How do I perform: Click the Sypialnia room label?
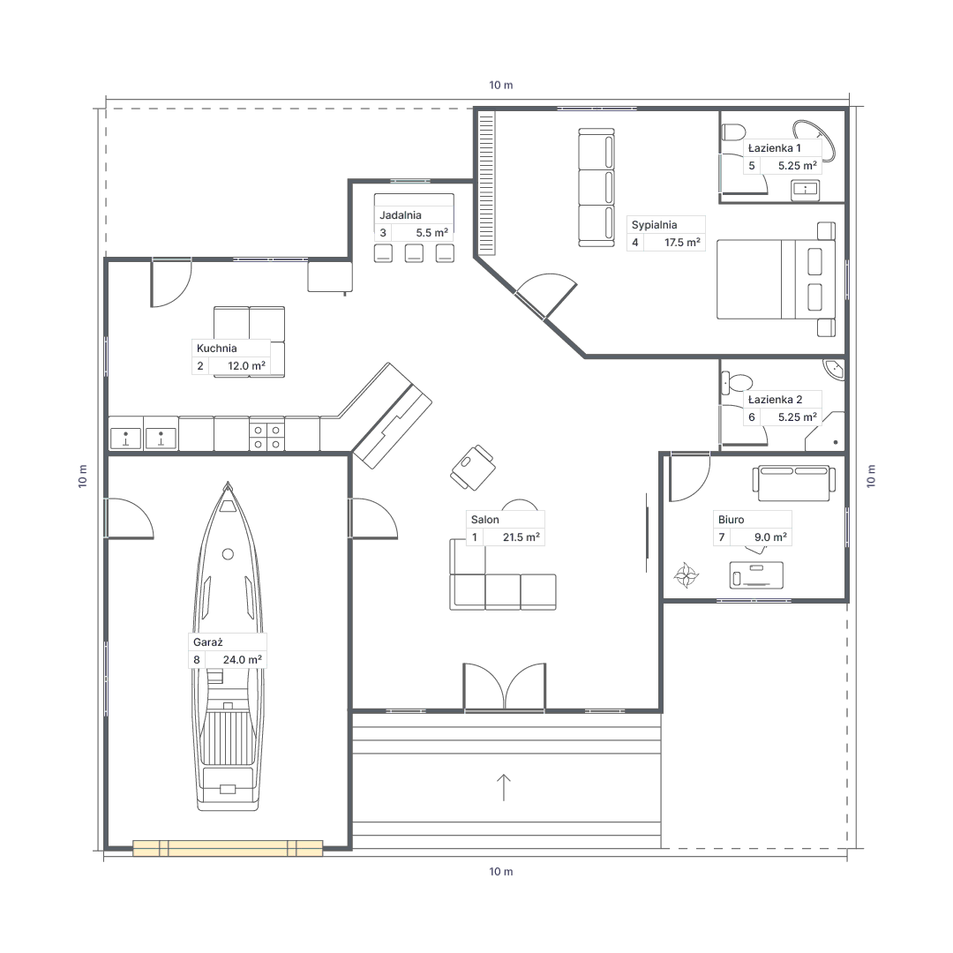click(x=654, y=225)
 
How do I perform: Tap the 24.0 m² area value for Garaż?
click(x=243, y=659)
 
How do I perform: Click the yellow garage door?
click(x=228, y=848)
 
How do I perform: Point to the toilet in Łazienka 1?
click(x=733, y=132)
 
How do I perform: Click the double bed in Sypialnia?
click(x=776, y=279)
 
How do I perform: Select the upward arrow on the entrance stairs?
click(x=503, y=787)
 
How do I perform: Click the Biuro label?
click(x=732, y=520)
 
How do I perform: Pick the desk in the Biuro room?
click(x=757, y=575)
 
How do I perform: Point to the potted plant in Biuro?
click(x=687, y=575)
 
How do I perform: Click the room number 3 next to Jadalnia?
click(x=383, y=233)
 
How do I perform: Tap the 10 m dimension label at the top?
click(x=501, y=85)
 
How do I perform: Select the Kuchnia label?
click(x=217, y=349)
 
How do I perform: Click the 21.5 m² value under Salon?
click(x=522, y=537)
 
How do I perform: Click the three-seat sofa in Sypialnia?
click(x=597, y=187)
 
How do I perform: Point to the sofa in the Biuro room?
click(x=794, y=484)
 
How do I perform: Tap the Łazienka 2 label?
click(x=776, y=400)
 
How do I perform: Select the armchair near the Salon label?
click(x=472, y=468)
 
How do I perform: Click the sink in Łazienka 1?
click(x=806, y=190)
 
